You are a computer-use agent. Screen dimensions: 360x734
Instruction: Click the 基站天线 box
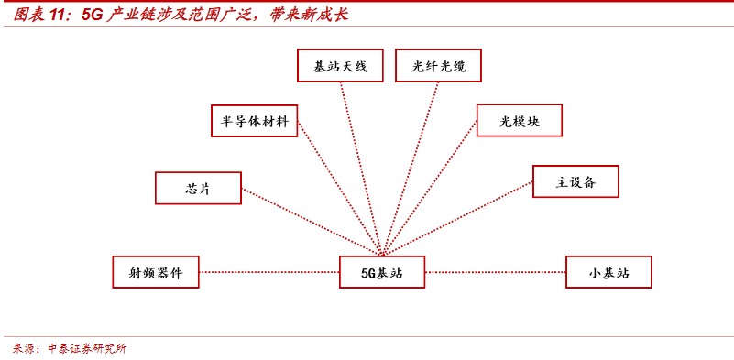pyautogui.click(x=340, y=66)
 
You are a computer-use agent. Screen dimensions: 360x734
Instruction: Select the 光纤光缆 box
pyautogui.click(x=438, y=66)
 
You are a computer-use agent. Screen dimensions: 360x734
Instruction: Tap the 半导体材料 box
pyautogui.click(x=254, y=121)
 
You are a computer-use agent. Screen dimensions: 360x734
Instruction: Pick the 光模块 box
pyautogui.click(x=519, y=121)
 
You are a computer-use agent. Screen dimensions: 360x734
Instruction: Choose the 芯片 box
pyautogui.click(x=198, y=188)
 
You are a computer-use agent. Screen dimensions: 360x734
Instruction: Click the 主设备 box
pyautogui.click(x=575, y=181)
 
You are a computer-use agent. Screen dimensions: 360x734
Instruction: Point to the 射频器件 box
pyautogui.click(x=156, y=272)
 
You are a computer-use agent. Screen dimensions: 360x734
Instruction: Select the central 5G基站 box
pyautogui.click(x=382, y=272)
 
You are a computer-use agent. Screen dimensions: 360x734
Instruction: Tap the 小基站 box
pyautogui.click(x=608, y=272)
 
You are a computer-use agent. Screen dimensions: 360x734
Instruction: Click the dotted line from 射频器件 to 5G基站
pyautogui.click(x=269, y=272)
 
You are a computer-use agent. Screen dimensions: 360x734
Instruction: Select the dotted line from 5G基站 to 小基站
pyautogui.click(x=495, y=272)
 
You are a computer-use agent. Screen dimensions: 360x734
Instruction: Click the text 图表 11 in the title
pyautogui.click(x=41, y=15)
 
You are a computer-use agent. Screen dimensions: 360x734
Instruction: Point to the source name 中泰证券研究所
pyautogui.click(x=87, y=348)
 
